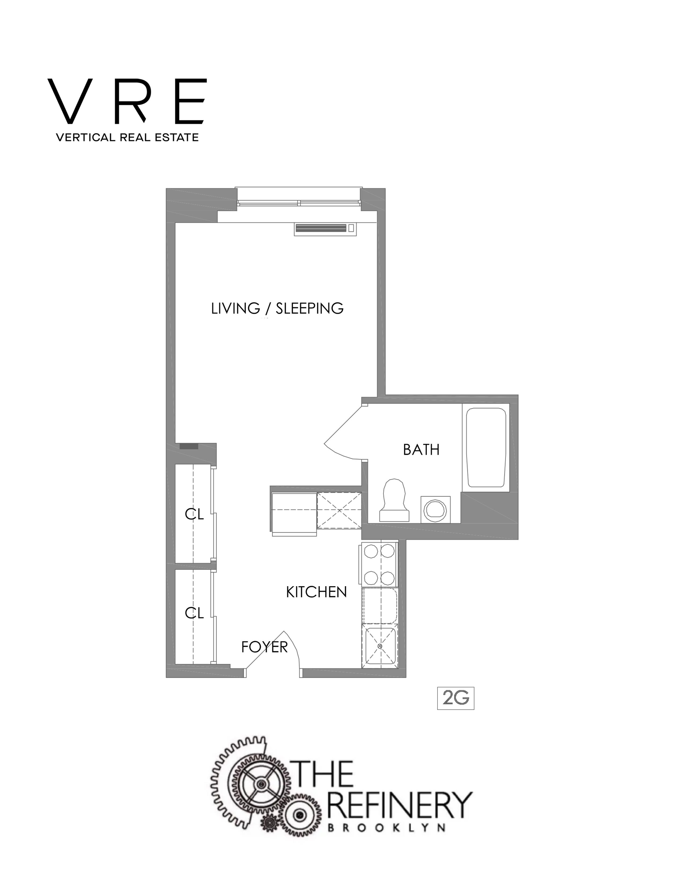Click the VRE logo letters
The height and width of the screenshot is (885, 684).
pyautogui.click(x=127, y=101)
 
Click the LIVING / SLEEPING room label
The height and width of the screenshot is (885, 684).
pyautogui.click(x=277, y=308)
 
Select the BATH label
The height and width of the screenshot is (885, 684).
pyautogui.click(x=421, y=450)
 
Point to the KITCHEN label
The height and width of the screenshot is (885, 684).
pyautogui.click(x=316, y=592)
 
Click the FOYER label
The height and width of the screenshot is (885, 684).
pyautogui.click(x=264, y=647)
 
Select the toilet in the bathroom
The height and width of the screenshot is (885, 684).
pyautogui.click(x=394, y=501)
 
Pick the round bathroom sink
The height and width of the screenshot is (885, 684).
pyautogui.click(x=435, y=509)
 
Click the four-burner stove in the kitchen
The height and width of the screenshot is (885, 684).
pyautogui.click(x=379, y=564)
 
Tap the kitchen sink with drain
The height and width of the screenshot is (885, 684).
pyautogui.click(x=380, y=646)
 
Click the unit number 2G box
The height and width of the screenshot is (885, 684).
pyautogui.click(x=455, y=698)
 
